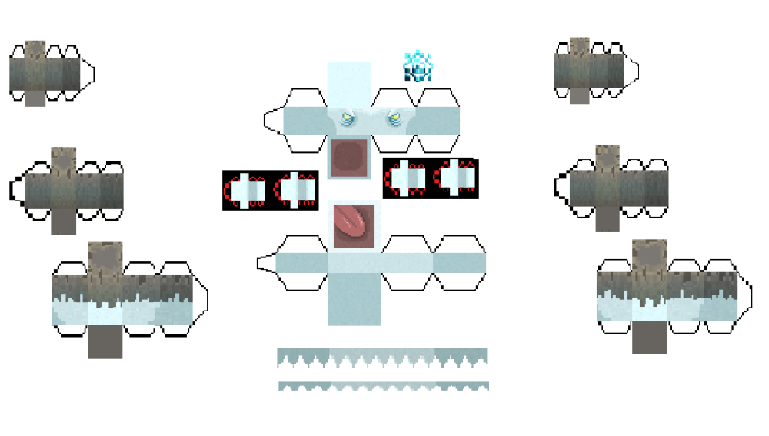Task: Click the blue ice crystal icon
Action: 418,66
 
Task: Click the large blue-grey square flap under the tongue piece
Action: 354,299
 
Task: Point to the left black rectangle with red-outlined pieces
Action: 271,191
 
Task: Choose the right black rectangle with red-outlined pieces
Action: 431,178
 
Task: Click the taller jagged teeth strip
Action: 382,357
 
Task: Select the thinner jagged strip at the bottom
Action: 383,386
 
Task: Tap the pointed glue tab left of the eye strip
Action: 273,121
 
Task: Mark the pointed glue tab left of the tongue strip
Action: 266,262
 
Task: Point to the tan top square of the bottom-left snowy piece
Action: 105,258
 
